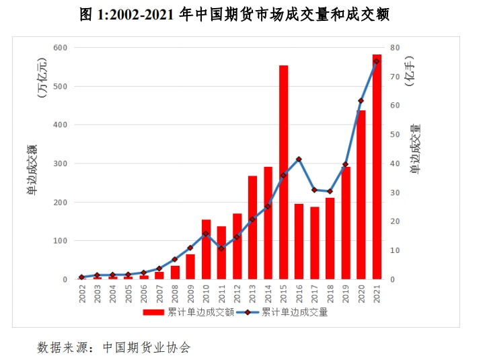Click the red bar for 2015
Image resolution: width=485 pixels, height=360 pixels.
[x=284, y=172]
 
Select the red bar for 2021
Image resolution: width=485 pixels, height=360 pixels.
[x=377, y=167]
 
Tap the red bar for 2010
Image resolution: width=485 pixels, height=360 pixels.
[x=207, y=249]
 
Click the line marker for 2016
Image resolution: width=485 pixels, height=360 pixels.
[x=299, y=159]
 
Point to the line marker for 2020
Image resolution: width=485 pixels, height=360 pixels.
[x=361, y=101]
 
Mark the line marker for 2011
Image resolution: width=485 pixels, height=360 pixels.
[x=222, y=248]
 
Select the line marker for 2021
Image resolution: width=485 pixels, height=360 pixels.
[x=377, y=61]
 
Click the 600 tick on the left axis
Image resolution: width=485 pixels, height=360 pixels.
[x=61, y=48]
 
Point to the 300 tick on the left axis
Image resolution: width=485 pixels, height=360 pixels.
[x=61, y=164]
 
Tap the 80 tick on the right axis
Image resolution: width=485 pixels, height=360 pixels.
[x=394, y=48]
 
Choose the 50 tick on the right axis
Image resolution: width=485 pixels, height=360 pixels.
[x=394, y=135]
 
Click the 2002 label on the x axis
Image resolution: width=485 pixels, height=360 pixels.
[x=83, y=293]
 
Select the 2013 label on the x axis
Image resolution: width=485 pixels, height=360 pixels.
[x=253, y=293]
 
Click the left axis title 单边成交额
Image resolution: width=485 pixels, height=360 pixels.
[x=32, y=170]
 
